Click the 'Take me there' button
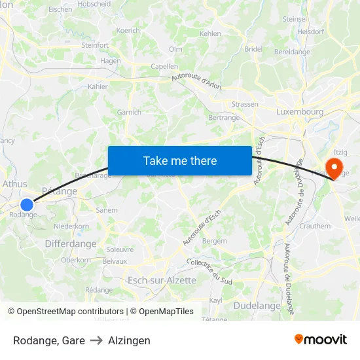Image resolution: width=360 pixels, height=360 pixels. [180, 161]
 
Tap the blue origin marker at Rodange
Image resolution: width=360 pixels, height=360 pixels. [27, 205]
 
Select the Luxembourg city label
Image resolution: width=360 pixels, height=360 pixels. [300, 112]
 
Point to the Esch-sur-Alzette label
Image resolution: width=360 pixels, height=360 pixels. [162, 280]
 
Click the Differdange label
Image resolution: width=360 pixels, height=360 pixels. [71, 243]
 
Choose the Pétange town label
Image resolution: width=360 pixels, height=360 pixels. [59, 191]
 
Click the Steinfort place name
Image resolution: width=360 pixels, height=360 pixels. [95, 45]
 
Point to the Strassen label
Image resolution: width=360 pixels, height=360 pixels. [245, 104]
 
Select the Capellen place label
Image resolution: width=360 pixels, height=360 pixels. [164, 66]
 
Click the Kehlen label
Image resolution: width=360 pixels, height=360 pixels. [210, 33]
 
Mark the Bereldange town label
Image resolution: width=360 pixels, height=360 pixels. [292, 52]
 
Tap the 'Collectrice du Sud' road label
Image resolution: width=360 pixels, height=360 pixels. [209, 271]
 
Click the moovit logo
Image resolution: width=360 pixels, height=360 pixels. [321, 339]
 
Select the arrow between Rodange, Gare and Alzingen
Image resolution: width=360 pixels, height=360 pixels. [96, 340]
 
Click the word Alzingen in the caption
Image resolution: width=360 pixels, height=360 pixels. [129, 340]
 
